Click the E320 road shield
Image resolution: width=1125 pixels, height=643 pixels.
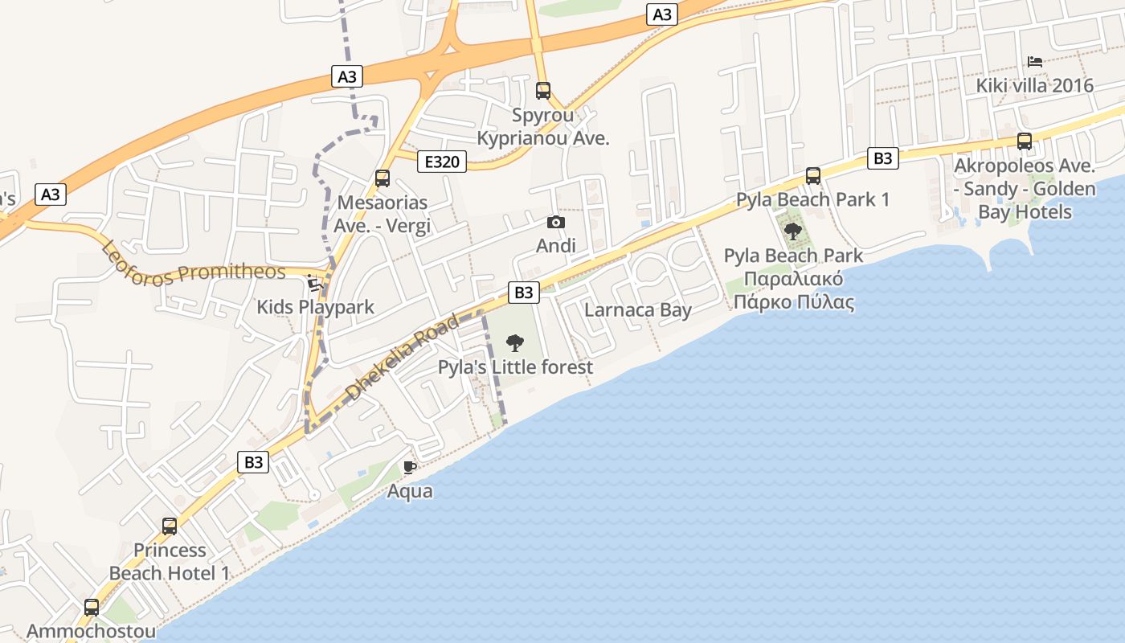click(442, 162)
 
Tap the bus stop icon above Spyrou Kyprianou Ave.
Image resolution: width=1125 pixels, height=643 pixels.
click(543, 90)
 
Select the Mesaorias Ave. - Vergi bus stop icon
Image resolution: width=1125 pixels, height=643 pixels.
click(382, 178)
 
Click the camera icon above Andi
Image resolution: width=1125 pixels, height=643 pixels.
click(555, 222)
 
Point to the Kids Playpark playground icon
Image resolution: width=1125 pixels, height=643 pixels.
click(314, 283)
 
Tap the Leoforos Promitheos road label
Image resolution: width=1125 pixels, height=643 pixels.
click(194, 261)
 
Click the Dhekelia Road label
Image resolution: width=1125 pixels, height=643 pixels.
click(403, 358)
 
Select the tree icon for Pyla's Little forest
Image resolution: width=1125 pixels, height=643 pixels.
click(515, 343)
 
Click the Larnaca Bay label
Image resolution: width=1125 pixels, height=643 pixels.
click(638, 310)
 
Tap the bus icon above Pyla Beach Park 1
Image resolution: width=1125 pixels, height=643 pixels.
click(813, 175)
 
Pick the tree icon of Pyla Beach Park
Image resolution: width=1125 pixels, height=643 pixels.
click(793, 232)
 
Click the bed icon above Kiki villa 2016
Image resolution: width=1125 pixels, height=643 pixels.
click(1034, 61)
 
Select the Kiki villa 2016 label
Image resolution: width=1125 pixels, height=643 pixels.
click(1034, 85)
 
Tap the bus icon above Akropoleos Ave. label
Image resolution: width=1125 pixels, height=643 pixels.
click(1025, 141)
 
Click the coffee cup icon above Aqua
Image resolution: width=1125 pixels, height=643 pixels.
click(410, 467)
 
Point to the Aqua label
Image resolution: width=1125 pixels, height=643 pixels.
click(410, 491)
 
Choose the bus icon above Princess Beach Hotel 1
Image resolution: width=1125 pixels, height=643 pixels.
click(170, 526)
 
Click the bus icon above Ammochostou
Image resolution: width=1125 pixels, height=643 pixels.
click(92, 607)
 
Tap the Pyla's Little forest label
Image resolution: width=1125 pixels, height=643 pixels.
click(515, 367)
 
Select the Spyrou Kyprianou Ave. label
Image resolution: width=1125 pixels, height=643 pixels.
click(543, 126)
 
